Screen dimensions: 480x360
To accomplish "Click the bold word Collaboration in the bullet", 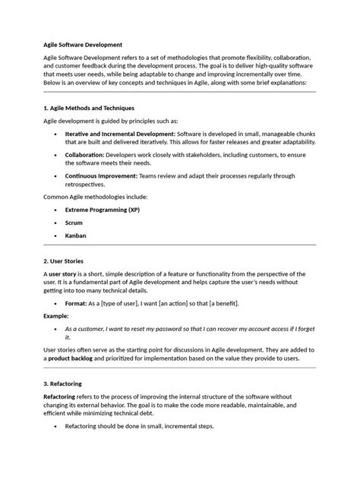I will pyautogui.click(x=91, y=154).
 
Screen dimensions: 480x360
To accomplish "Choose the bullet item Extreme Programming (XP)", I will pyautogui.click(x=102, y=209).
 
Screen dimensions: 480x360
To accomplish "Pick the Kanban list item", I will pyautogui.click(x=76, y=235).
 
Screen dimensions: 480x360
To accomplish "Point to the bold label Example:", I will pyautogui.click(x=56, y=315).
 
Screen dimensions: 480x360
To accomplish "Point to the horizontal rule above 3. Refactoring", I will pyautogui.click(x=179, y=370).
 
